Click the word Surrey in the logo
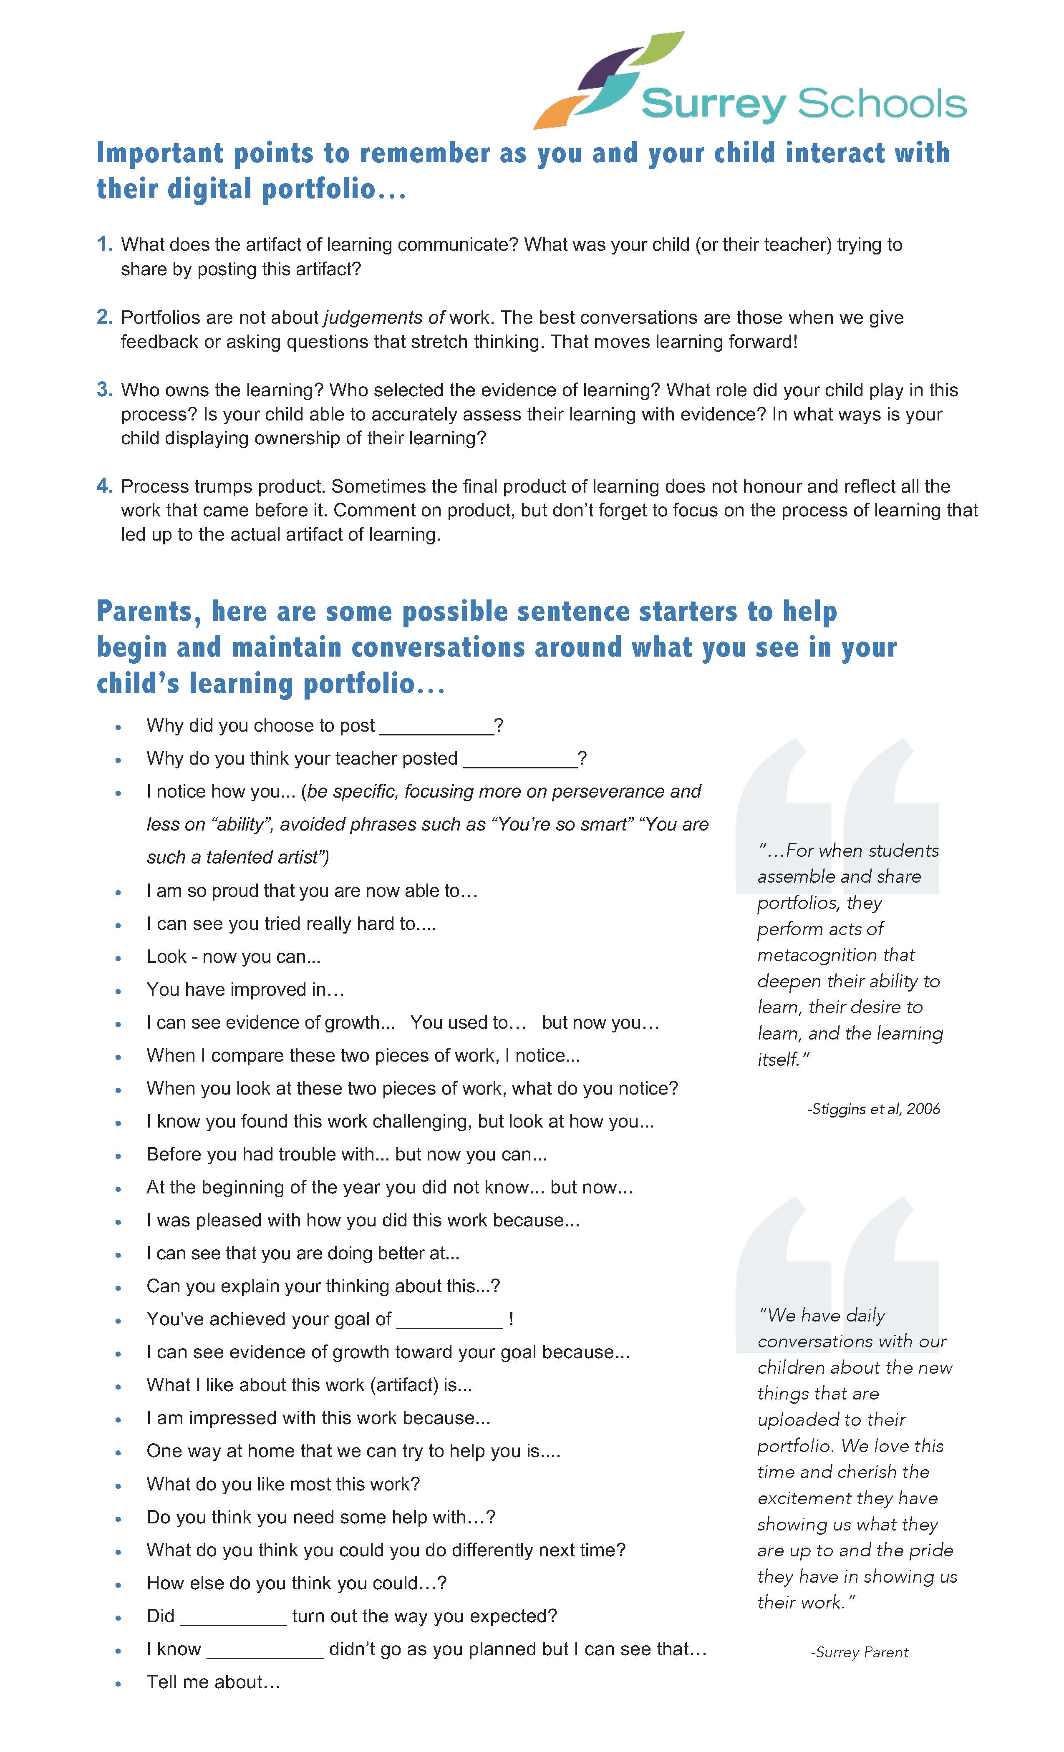[x=714, y=105]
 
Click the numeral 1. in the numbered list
[x=105, y=244]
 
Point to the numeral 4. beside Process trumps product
[x=105, y=486]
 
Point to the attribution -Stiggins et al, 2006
[x=873, y=1109]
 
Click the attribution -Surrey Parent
[x=859, y=1652]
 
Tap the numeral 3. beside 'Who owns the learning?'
[x=105, y=390]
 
